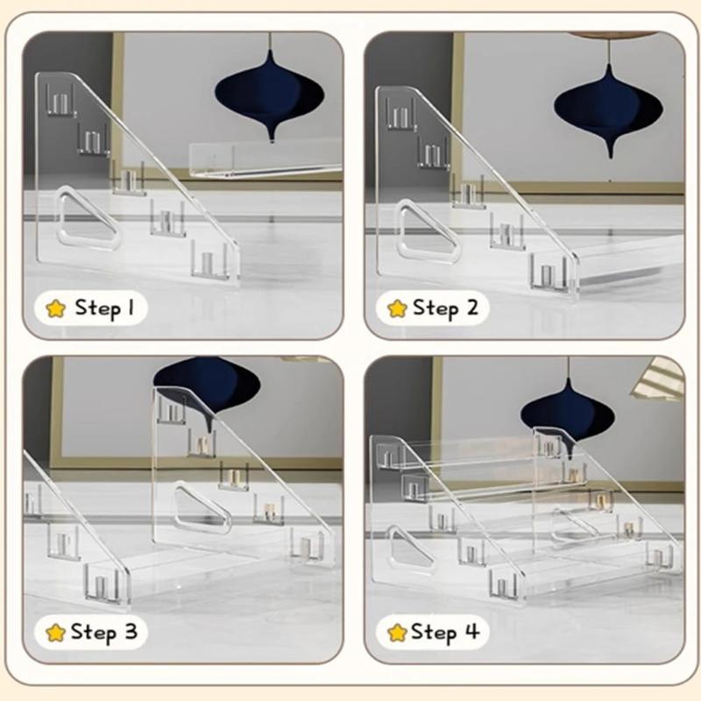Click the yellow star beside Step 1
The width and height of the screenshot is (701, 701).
coord(56,308)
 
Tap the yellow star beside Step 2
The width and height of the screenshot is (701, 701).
coord(397,308)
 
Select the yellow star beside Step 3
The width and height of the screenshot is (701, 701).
coord(56,632)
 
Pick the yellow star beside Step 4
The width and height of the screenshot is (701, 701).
coord(397,632)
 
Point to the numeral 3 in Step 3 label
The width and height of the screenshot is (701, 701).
coord(130,631)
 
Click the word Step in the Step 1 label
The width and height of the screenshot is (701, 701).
coord(97,308)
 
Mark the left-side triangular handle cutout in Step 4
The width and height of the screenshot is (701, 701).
coord(410,551)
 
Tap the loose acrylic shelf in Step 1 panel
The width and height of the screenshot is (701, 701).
coord(266,159)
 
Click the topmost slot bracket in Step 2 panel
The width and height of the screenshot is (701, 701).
coord(401,114)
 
